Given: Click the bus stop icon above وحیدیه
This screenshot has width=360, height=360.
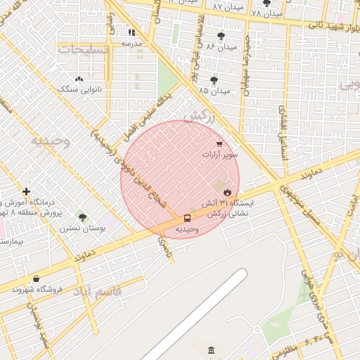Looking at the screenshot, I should [x=187, y=218].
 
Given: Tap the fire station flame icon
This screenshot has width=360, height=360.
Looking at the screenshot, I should [x=227, y=191].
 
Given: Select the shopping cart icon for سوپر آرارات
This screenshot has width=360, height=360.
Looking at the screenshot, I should [x=220, y=144].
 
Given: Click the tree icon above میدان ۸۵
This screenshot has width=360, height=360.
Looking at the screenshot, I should [x=214, y=81].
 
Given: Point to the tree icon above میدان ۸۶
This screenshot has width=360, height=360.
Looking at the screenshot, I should [x=221, y=36].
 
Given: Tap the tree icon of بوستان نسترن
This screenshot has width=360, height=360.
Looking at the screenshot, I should [x=82, y=217].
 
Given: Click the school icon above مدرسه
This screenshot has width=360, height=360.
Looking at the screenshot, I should [x=131, y=32].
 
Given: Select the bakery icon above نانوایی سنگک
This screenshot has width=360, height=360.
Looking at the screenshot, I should [x=78, y=79].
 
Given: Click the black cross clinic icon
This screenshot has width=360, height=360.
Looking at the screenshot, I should [x=26, y=191].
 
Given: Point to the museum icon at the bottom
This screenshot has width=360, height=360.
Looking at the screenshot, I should [x=212, y=351].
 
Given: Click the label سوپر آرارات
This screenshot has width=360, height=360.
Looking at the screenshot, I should [x=220, y=154].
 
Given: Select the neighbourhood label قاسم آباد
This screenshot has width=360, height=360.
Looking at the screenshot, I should [x=97, y=290].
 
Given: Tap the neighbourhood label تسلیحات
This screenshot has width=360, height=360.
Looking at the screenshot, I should [x=83, y=50].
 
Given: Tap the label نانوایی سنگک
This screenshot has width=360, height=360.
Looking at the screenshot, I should [x=78, y=89].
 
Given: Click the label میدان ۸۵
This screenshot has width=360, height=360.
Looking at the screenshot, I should [x=214, y=91].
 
